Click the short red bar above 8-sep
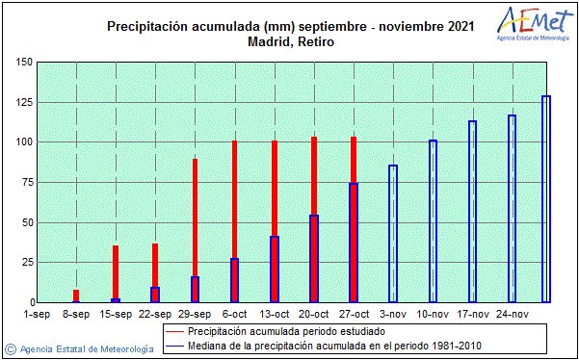[76, 296]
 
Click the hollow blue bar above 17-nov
[472, 212]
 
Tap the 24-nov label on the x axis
[512, 314]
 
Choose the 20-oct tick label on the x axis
[314, 314]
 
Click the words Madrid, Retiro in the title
[289, 42]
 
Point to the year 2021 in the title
[458, 27]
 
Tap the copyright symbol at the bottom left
[9, 347]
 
